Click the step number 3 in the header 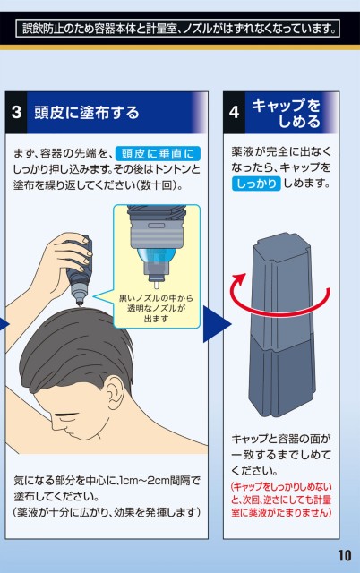click(x=16, y=112)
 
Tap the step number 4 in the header click(x=234, y=112)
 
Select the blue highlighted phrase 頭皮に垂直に click(x=158, y=153)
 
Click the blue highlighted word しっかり click(x=256, y=184)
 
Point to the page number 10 click(x=344, y=555)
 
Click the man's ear click(x=116, y=390)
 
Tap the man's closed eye click(x=65, y=415)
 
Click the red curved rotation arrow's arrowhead click(x=240, y=278)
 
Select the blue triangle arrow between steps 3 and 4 click(x=217, y=324)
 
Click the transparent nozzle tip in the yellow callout click(x=156, y=284)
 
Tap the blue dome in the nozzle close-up click(x=156, y=257)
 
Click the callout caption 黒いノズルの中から click(x=156, y=298)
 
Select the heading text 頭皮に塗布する click(x=87, y=112)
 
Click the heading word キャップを click(x=286, y=106)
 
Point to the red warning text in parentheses click(x=281, y=500)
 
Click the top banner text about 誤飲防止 click(x=179, y=29)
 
